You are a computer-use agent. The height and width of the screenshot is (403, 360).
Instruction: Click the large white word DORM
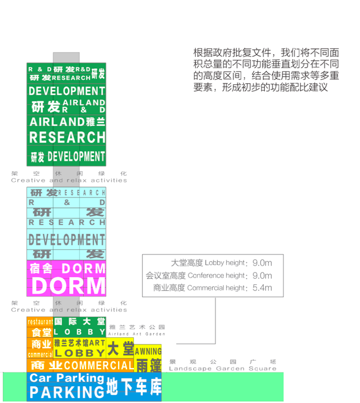tap(68, 286)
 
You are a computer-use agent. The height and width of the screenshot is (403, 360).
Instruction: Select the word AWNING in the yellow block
tap(148, 351)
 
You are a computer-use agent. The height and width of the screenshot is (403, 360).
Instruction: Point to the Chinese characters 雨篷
tap(148, 365)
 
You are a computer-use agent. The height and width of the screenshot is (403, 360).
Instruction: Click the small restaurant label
tap(40, 322)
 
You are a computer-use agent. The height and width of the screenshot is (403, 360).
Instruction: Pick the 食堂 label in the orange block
tap(41, 332)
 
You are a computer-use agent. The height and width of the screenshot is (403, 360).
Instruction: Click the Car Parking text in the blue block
tap(66, 378)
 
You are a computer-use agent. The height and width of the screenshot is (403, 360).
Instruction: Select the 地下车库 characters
tap(133, 388)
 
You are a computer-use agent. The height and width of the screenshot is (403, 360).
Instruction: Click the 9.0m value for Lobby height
tap(262, 263)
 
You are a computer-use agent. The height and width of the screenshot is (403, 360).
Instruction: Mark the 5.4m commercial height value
tap(262, 288)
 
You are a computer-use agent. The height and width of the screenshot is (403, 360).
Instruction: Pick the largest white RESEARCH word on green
tap(67, 137)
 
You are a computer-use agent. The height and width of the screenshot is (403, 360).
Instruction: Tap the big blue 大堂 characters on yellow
tap(119, 348)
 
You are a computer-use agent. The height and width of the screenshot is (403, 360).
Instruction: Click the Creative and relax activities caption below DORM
tap(69, 310)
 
